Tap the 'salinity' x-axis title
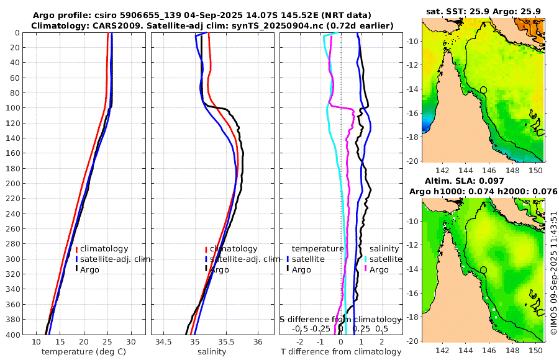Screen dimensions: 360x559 click(211, 352)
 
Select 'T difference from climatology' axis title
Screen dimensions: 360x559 click(341, 352)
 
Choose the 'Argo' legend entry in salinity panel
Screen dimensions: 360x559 click(219, 269)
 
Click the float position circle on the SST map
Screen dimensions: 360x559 click(484, 89)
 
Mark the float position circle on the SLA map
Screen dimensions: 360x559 click(484, 270)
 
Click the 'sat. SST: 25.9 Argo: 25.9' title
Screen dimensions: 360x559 click(483, 11)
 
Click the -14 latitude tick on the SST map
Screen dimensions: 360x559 click(412, 89)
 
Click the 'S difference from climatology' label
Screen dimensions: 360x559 click(340, 318)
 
